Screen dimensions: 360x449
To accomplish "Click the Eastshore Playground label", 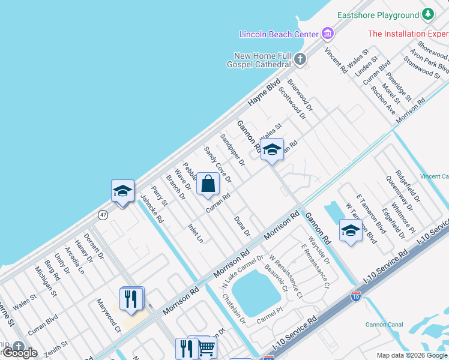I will pyautogui.click(x=378, y=15).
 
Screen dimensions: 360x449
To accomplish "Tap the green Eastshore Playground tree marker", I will pyautogui.click(x=427, y=14).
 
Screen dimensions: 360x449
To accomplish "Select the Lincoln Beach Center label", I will pyautogui.click(x=279, y=34).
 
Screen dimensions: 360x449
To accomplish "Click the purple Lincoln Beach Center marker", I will pyautogui.click(x=328, y=33).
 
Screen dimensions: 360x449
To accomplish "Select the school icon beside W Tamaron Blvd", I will pyautogui.click(x=351, y=230).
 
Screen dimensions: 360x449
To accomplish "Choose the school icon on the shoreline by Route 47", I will pyautogui.click(x=122, y=191).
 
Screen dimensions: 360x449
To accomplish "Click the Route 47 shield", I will pyautogui.click(x=103, y=214).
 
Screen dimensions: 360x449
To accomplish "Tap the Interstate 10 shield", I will pyautogui.click(x=355, y=296).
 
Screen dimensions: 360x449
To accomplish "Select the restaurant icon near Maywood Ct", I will pyautogui.click(x=131, y=298).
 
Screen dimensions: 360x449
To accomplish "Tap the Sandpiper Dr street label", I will pyautogui.click(x=232, y=149).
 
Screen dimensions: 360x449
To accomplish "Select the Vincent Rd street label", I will pyautogui.click(x=336, y=60).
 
